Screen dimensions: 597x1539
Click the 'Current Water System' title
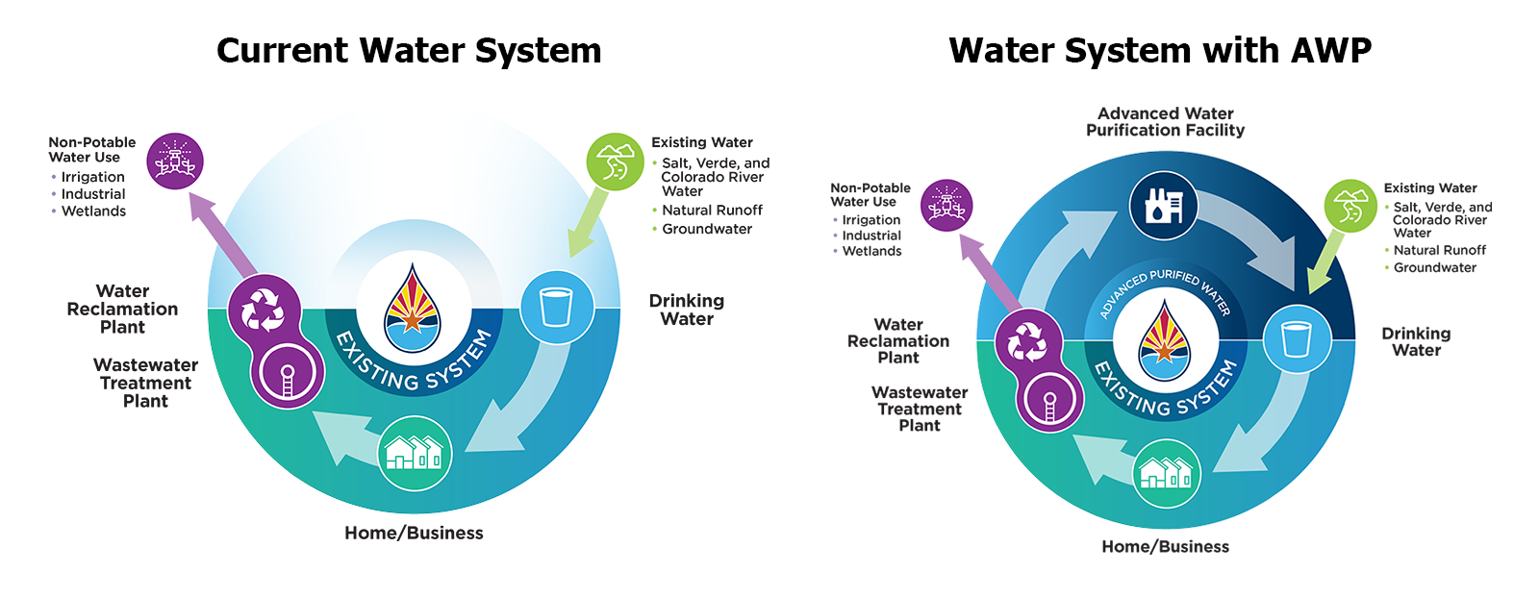[409, 50]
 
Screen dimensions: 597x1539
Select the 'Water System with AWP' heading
[1160, 50]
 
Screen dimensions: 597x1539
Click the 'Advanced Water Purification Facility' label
[1165, 122]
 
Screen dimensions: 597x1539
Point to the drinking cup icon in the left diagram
[556, 307]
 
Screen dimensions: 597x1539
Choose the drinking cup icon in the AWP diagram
[1297, 338]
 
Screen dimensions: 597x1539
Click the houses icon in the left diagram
[415, 452]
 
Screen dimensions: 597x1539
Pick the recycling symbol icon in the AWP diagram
[1026, 341]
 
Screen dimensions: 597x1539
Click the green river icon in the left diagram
[615, 162]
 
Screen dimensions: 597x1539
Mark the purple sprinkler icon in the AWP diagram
[946, 205]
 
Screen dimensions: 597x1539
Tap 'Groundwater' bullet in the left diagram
[707, 229]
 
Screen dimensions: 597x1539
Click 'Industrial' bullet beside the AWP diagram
[871, 236]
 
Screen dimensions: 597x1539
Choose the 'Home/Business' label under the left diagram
[414, 533]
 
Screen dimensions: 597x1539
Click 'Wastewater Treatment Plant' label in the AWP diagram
[920, 409]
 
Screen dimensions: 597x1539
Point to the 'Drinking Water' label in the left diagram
[687, 310]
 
